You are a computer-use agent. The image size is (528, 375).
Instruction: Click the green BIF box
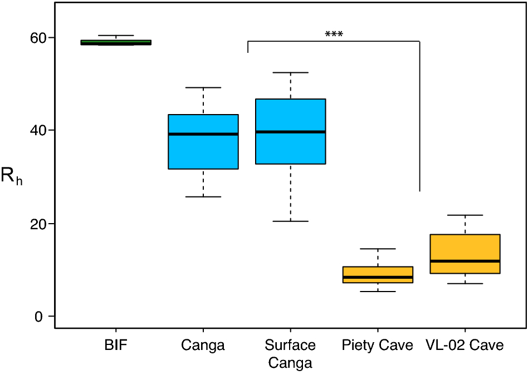[116, 42]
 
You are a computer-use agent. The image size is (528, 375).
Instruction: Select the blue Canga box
[203, 150]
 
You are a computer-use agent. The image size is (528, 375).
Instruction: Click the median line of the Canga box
[203, 134]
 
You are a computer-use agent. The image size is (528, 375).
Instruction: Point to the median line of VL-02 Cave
[465, 261]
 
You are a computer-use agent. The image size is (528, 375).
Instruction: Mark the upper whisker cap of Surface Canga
[290, 73]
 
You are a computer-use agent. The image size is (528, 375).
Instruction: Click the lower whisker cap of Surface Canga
[290, 221]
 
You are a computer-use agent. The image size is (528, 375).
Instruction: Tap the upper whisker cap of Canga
[203, 88]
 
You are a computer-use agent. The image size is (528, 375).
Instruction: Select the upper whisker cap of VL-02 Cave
[465, 215]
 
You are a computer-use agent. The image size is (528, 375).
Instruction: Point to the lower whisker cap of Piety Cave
[378, 292]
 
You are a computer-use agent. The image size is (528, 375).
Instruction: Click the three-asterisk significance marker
[334, 34]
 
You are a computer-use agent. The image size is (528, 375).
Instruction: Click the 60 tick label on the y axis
[38, 38]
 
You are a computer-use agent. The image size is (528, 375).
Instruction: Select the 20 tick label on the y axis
[38, 224]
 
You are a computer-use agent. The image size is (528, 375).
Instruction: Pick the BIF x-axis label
[116, 346]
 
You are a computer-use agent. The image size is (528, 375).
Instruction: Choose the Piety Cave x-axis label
[378, 346]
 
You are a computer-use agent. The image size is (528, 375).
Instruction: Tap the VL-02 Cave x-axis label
[465, 346]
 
